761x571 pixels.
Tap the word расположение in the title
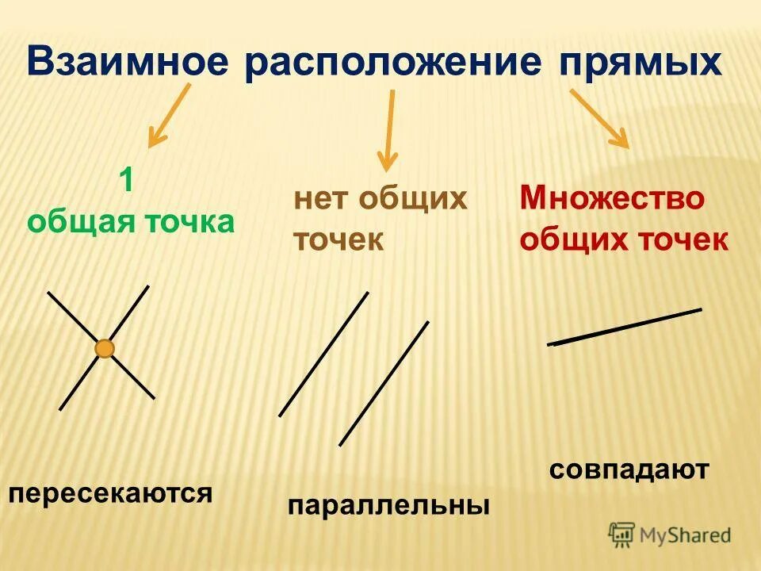pos(387,61)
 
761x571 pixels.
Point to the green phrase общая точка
pos(131,221)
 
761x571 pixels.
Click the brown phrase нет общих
pos(380,198)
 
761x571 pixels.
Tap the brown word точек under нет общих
pos(338,240)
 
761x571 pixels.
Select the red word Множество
pos(611,198)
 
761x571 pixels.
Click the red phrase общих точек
pos(624,240)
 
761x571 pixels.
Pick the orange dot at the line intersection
pos(105,348)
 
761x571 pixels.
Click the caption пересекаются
pos(110,493)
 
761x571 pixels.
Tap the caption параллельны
pos(388,505)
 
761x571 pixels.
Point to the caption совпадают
pos(629,469)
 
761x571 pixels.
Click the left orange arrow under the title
pos(169,117)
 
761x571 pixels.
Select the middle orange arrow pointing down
pos(388,131)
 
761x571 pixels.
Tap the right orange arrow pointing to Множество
pos(599,117)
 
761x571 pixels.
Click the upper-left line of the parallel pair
pos(323,354)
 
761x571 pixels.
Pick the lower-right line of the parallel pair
pos(384,384)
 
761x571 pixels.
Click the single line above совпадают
pos(625,327)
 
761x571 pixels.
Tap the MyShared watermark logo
pos(670,535)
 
